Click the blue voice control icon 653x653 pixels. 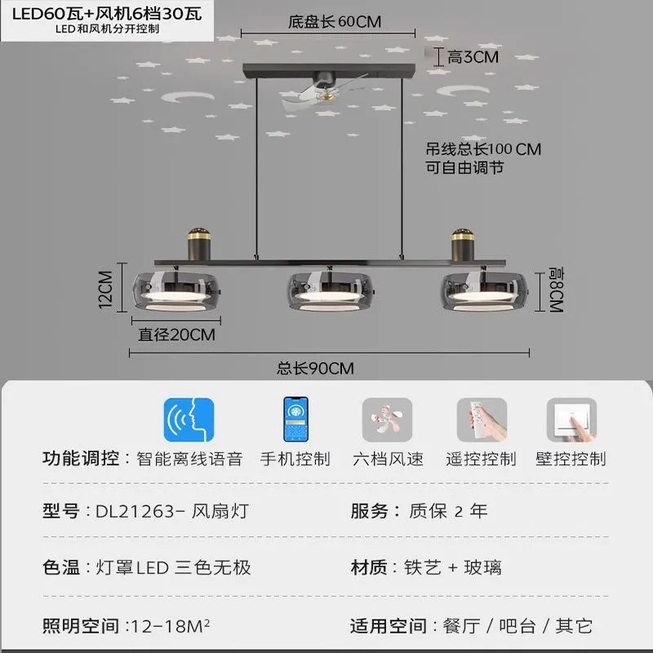(x=189, y=420)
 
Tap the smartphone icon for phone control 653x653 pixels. (x=295, y=420)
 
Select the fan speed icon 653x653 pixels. (x=387, y=420)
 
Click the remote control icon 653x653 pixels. (x=482, y=420)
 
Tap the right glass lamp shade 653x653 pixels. (x=482, y=291)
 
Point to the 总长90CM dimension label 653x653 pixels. (x=314, y=368)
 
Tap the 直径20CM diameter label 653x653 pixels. (x=176, y=334)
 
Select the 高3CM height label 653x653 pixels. (x=472, y=56)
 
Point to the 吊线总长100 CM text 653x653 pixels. (x=483, y=149)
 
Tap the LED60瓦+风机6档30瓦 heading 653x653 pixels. (x=106, y=15)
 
